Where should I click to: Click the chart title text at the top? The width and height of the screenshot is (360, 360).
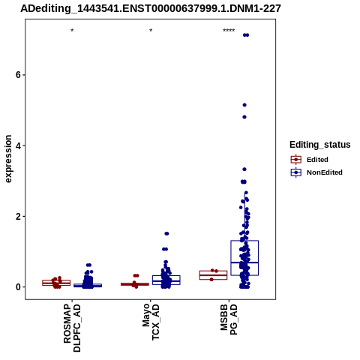[151, 9]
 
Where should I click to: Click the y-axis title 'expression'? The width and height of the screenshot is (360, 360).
[8, 159]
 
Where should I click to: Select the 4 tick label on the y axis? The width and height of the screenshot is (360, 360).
[18, 145]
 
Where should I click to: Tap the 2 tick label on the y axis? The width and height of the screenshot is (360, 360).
[18, 216]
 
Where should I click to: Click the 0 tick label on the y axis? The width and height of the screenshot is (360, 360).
[18, 287]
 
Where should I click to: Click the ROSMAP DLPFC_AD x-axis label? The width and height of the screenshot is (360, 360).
[72, 328]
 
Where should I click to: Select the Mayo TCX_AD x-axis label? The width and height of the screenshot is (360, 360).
[151, 322]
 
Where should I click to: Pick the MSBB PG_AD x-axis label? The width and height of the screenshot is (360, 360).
[229, 319]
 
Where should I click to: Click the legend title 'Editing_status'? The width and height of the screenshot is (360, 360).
[320, 145]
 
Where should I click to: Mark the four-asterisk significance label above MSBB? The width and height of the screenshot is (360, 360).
[229, 31]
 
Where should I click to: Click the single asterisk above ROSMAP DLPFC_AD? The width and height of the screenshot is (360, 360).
[72, 31]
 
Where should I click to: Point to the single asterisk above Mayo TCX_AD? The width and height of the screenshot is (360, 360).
[151, 31]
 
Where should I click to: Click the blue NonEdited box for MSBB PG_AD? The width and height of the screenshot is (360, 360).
[244, 258]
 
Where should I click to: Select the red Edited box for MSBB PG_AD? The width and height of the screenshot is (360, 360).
[213, 275]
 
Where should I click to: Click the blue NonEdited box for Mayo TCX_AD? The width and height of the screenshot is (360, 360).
[166, 280]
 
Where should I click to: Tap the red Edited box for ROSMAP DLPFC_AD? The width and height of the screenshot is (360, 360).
[56, 283]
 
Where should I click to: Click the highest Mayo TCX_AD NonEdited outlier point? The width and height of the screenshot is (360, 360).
[166, 233]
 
